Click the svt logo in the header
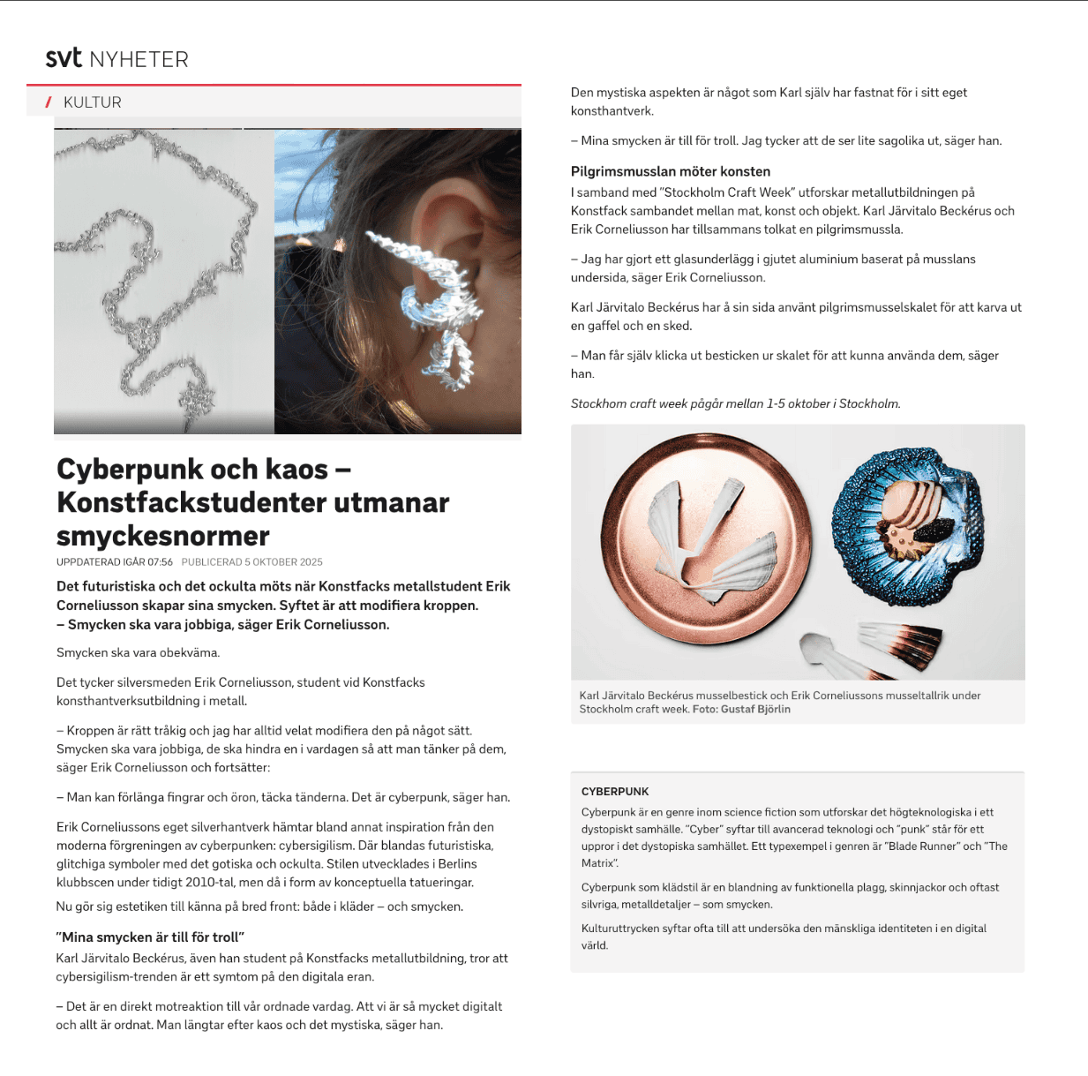click(64, 58)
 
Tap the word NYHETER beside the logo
click(139, 60)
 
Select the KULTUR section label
click(93, 102)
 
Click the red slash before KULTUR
click(49, 102)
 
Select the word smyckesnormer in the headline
click(163, 536)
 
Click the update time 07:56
click(160, 562)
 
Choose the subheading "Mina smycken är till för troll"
click(150, 937)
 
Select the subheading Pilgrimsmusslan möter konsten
click(671, 171)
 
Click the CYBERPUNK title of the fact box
click(615, 792)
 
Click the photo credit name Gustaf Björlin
click(754, 709)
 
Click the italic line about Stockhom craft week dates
click(735, 403)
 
